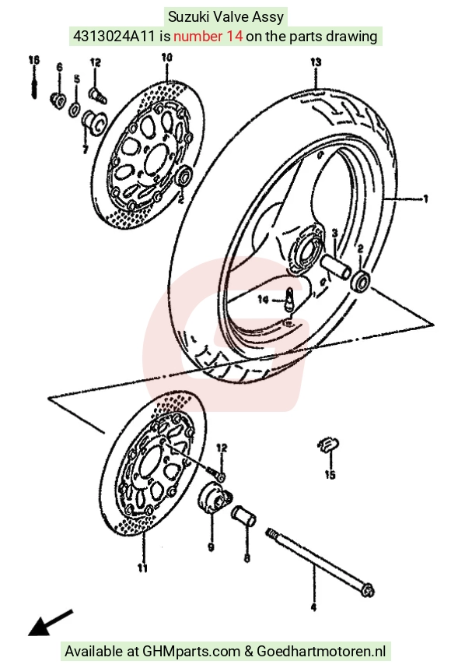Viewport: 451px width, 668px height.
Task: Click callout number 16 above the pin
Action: pyautogui.click(x=34, y=60)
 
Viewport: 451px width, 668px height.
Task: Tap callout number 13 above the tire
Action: pyautogui.click(x=316, y=62)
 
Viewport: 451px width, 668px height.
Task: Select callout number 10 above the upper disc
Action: pyautogui.click(x=166, y=57)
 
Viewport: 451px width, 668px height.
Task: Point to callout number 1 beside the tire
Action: pyautogui.click(x=425, y=199)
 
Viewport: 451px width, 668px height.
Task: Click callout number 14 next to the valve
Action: pyautogui.click(x=264, y=300)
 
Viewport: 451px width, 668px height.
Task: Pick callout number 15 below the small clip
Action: pyautogui.click(x=330, y=474)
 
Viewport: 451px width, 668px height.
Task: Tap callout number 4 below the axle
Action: pyautogui.click(x=313, y=607)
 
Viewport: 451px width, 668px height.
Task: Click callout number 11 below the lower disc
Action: pyautogui.click(x=142, y=568)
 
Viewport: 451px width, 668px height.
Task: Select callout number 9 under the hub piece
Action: pyautogui.click(x=211, y=547)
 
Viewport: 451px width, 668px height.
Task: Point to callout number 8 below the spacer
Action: pyautogui.click(x=246, y=557)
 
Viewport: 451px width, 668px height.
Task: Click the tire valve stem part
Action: pyautogui.click(x=290, y=300)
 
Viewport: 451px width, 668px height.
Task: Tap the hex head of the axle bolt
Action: pyautogui.click(x=368, y=590)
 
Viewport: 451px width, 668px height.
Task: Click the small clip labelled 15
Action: pyautogui.click(x=328, y=445)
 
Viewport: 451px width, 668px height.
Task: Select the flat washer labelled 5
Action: pyautogui.click(x=75, y=109)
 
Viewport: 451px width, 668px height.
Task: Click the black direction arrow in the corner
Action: pyautogui.click(x=51, y=623)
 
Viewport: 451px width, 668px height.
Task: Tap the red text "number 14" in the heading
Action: pyautogui.click(x=208, y=37)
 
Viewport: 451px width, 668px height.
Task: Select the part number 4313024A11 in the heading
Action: pyautogui.click(x=114, y=37)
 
